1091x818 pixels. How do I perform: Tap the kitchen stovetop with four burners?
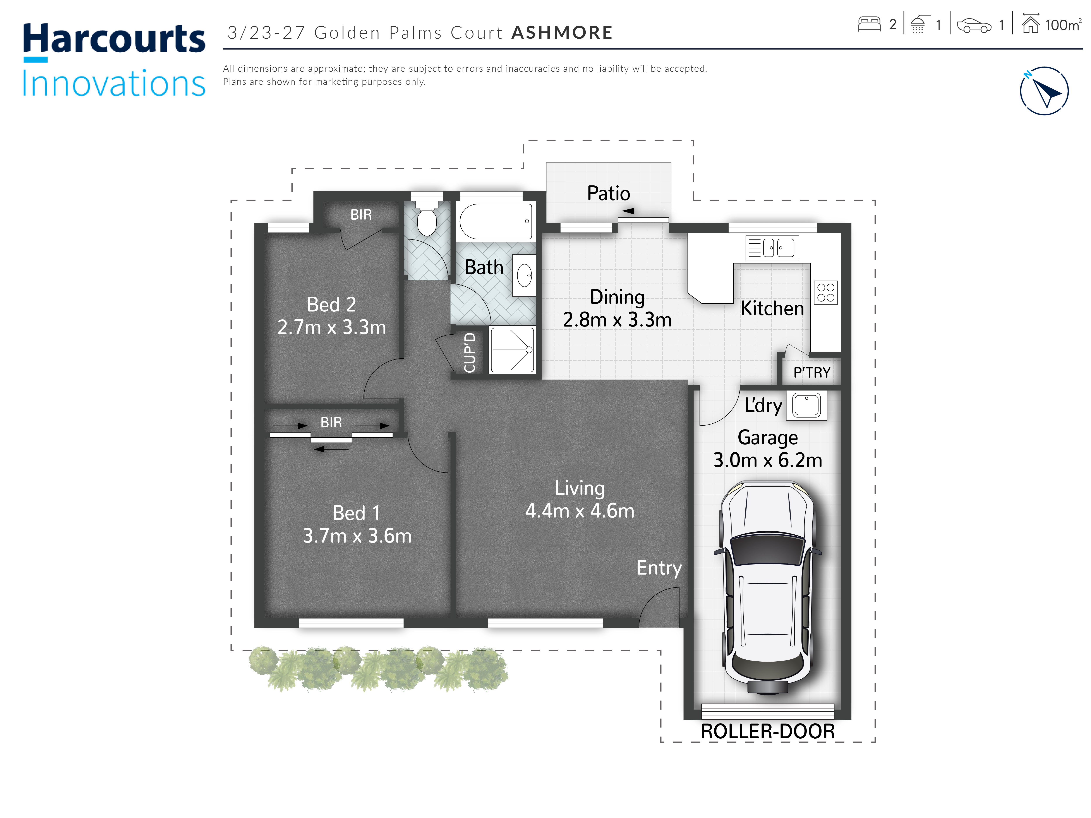click(x=826, y=292)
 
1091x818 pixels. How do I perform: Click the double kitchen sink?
click(x=772, y=248)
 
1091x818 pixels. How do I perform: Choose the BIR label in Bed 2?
click(x=361, y=215)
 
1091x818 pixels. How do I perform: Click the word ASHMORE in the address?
click(x=562, y=33)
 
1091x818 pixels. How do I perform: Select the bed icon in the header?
click(x=869, y=24)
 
